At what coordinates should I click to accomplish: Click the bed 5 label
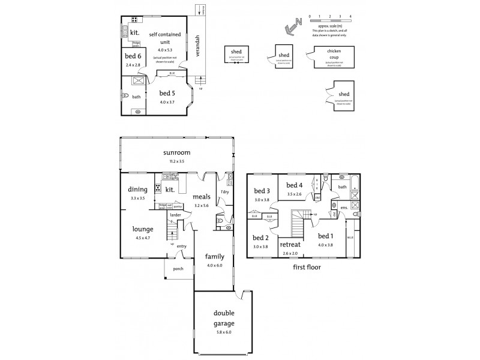167,93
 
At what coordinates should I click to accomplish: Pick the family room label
214,256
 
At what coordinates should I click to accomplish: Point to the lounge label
143,229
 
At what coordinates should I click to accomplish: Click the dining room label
138,190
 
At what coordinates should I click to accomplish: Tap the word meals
201,196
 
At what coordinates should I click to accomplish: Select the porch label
178,269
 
